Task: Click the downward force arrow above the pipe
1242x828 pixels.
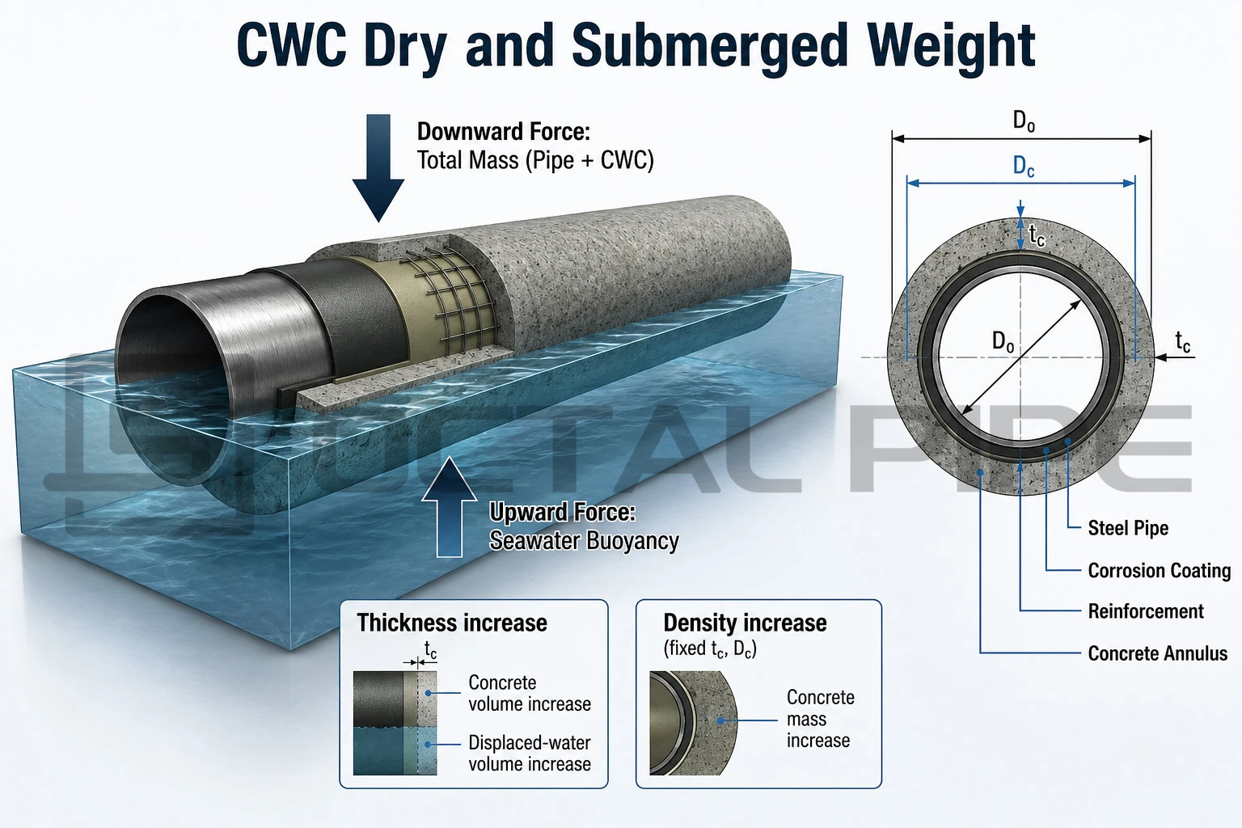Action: point(378,167)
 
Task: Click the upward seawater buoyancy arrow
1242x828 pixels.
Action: point(449,508)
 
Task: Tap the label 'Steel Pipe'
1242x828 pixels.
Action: point(1128,528)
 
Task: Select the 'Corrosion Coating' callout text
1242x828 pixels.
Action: point(1159,571)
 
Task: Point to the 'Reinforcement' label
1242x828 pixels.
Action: point(1146,611)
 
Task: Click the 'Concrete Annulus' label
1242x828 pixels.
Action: point(1158,653)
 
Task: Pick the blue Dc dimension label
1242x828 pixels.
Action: point(1024,166)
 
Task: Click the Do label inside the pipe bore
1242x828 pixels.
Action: point(1003,341)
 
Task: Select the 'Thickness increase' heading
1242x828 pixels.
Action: point(452,623)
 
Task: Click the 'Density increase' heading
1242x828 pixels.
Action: point(745,623)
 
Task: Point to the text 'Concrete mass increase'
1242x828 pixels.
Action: point(820,719)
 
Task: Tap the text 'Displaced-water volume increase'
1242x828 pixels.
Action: point(530,753)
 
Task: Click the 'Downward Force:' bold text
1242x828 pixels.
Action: point(504,132)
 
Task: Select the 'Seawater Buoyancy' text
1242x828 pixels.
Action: point(584,541)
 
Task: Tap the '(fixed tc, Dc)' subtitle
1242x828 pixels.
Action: point(710,648)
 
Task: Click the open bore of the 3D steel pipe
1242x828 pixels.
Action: point(167,361)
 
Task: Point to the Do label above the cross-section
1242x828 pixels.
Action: point(1024,121)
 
